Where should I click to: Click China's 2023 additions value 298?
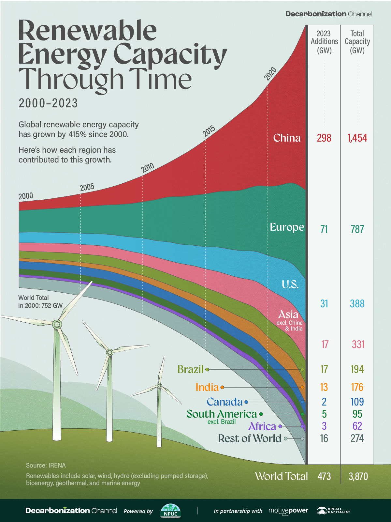point(324,138)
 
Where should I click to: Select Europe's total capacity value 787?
point(357,229)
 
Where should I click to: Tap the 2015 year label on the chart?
point(209,131)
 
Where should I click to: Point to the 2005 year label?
point(87,187)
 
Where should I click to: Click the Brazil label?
point(190,369)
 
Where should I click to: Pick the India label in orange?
point(207,387)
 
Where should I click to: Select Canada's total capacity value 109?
point(357,402)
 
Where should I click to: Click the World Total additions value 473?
point(324,476)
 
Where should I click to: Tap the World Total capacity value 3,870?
point(358,476)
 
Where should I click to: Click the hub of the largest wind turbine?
point(57,324)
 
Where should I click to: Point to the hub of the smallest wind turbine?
point(159,386)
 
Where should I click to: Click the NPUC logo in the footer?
point(170,511)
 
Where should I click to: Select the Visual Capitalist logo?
point(333,511)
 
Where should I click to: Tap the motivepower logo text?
point(288,511)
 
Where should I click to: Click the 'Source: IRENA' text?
point(46,466)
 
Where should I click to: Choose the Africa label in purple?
point(262,426)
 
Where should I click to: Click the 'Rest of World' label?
point(250,438)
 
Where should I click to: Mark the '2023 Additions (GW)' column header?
point(324,42)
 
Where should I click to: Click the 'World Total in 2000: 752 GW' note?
point(40,301)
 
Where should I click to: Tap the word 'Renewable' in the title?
point(87,30)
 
